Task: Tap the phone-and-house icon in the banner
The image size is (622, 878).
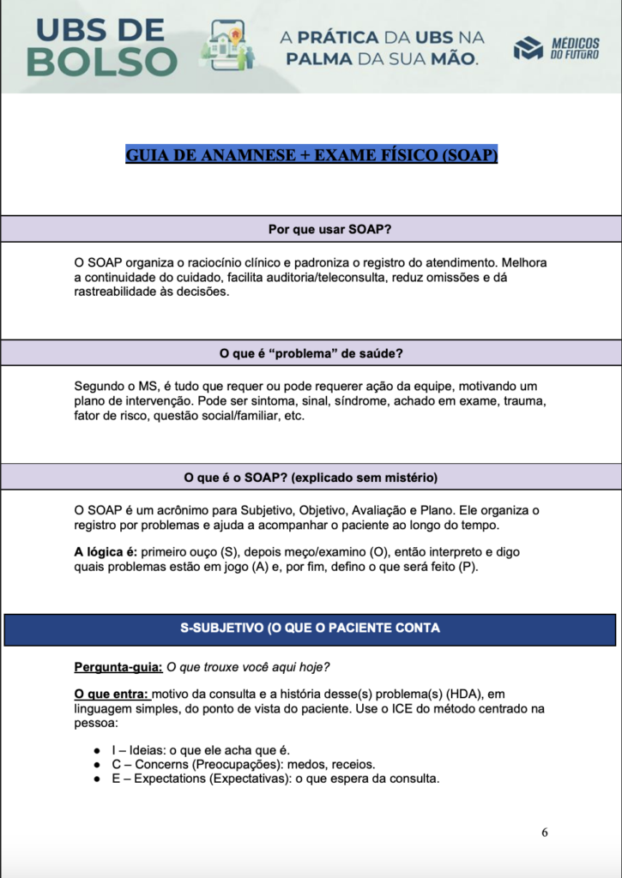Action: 227,45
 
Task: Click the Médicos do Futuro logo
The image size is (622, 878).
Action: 557,48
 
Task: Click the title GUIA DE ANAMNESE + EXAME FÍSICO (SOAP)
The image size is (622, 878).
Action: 311,155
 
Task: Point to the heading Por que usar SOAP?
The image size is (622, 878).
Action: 311,229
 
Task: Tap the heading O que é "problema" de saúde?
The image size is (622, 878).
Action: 311,353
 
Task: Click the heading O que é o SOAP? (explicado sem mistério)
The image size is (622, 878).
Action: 311,477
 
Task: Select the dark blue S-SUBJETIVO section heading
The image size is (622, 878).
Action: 311,628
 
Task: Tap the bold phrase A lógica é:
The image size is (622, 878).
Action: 106,551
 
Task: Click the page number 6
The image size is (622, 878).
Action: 545,833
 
